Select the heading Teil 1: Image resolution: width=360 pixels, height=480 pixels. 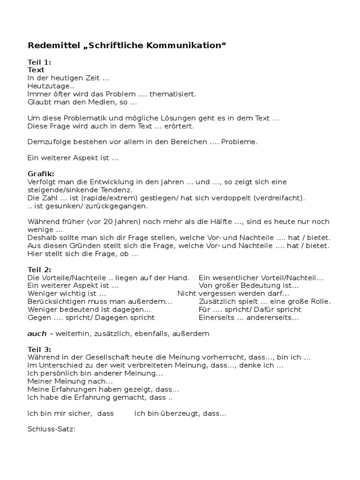39,62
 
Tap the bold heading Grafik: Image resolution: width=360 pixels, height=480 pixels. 41,174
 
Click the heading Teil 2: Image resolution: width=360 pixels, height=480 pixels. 39,270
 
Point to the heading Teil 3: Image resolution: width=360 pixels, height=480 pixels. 39,350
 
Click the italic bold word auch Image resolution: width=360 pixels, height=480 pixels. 37,334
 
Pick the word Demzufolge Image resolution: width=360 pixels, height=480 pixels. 48,142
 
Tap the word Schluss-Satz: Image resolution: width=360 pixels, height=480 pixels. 51,429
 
